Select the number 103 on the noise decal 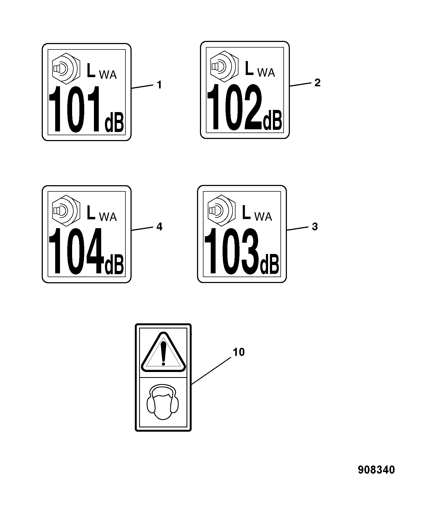(x=232, y=251)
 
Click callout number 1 (x=159, y=85)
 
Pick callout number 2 (x=318, y=83)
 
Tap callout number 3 (x=315, y=227)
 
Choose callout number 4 (x=159, y=227)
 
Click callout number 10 (x=238, y=352)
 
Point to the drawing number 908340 (x=376, y=470)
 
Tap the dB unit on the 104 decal (x=114, y=264)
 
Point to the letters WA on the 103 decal (x=263, y=216)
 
